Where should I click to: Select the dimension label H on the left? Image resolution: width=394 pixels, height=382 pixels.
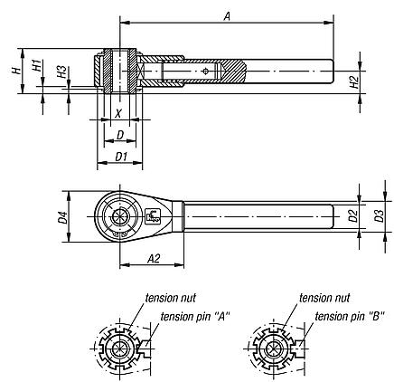click(15, 69)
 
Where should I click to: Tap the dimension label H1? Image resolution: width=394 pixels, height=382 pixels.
click(34, 65)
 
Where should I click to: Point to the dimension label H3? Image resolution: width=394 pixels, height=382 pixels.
click(59, 72)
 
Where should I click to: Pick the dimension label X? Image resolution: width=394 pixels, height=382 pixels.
click(118, 114)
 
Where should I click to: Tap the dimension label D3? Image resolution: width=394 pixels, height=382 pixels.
click(380, 216)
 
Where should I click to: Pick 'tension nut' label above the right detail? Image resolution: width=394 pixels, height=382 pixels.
click(324, 297)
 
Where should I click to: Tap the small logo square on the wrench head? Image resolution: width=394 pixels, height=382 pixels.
click(153, 215)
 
